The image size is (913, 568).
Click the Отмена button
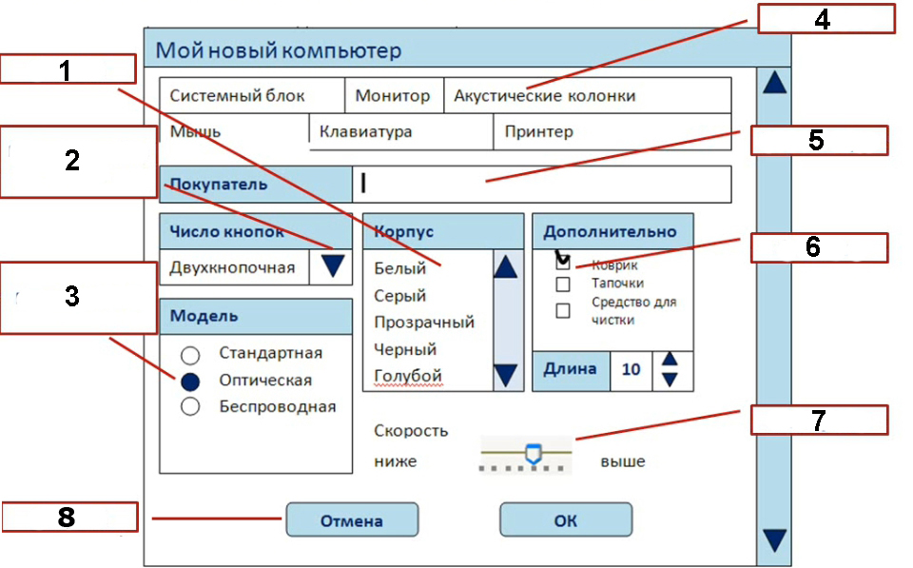352,519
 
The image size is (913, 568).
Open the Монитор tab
394,95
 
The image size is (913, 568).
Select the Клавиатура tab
401,131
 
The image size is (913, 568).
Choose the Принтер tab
612,131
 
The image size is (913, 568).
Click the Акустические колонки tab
588,95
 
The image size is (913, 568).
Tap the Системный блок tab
251,95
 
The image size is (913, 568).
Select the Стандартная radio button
190,354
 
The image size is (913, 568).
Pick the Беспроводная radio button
190,406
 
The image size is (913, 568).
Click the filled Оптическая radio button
190,382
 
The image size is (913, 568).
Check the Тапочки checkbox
562,284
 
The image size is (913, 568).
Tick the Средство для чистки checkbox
562,310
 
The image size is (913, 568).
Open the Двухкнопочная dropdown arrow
332,266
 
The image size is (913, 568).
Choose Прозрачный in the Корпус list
424,323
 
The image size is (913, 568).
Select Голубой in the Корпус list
408,376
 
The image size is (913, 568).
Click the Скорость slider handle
534,454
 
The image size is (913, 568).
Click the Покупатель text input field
541,184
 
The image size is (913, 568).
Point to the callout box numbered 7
819,420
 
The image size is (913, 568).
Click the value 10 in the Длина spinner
631,369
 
